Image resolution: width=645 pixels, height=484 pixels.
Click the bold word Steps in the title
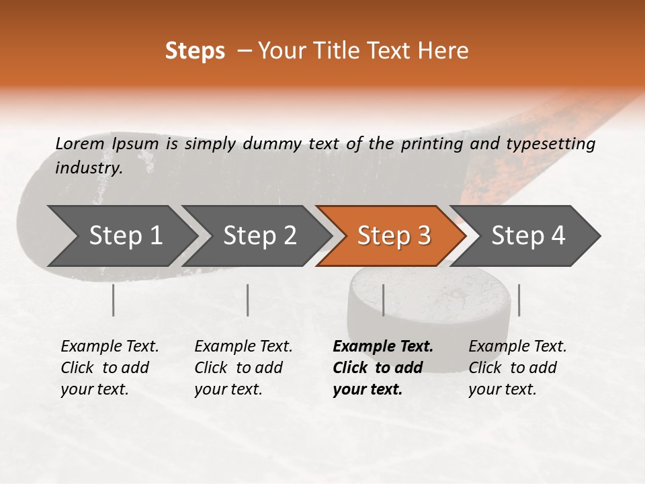coord(195,51)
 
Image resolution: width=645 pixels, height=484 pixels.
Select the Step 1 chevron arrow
coord(118,235)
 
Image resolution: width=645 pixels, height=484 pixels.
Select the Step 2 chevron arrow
coord(255,235)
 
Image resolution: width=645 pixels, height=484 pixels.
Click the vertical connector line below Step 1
coord(114,300)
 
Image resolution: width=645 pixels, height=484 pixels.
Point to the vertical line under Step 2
coord(248,300)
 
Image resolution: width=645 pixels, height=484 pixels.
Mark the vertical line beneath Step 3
coord(384,300)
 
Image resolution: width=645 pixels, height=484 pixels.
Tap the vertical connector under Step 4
coord(519,300)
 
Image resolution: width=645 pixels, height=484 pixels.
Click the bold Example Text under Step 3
coord(383,346)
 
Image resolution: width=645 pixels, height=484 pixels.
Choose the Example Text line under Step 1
coord(110,346)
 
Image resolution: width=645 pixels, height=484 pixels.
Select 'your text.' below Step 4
coord(502,389)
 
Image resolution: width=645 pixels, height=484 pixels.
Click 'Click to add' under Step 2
coord(239,368)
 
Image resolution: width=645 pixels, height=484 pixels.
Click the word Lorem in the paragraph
coord(79,143)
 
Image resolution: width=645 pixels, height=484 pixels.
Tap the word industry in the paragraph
coord(87,168)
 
